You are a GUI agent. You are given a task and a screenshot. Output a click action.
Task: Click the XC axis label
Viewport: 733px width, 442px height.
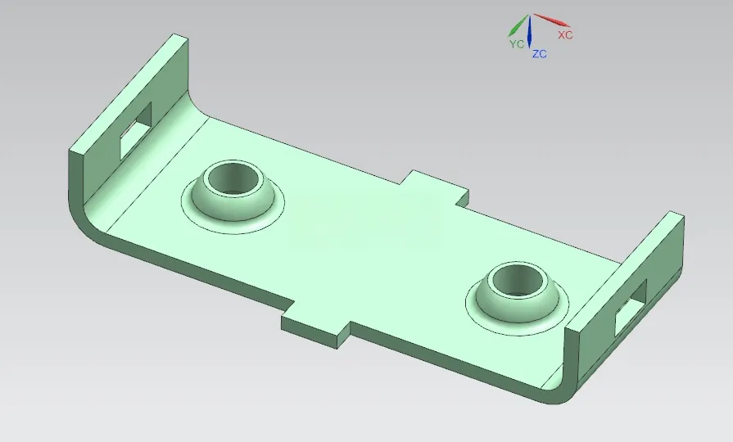click(x=565, y=35)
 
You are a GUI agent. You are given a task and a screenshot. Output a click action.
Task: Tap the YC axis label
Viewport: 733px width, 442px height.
click(x=517, y=44)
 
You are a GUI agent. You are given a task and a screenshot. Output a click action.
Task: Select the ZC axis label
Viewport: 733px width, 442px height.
click(x=540, y=54)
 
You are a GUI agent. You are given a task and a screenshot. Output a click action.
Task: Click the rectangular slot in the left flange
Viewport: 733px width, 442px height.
click(x=136, y=130)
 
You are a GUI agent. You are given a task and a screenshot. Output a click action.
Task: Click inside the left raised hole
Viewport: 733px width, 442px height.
click(x=233, y=179)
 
